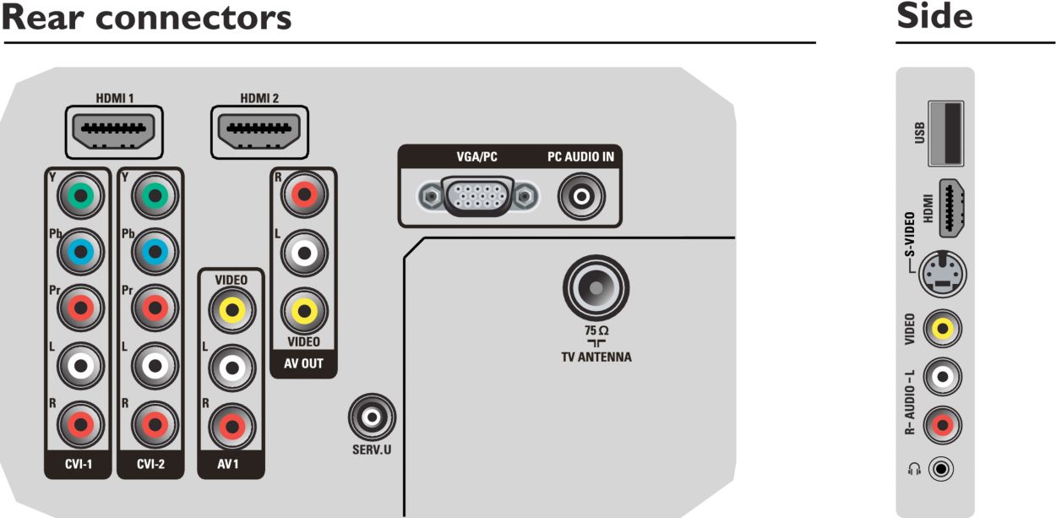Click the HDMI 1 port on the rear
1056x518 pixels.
(x=106, y=133)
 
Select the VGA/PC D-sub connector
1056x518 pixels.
(x=480, y=197)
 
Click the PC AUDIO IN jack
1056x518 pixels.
(x=580, y=197)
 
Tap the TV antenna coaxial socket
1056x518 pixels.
(x=596, y=288)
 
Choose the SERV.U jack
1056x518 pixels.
(x=371, y=416)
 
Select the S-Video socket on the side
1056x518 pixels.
(x=941, y=272)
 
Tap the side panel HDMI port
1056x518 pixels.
(x=952, y=208)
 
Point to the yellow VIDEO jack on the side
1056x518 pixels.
(x=941, y=327)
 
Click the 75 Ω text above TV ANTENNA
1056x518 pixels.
(x=596, y=330)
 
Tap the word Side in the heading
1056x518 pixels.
(x=934, y=16)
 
